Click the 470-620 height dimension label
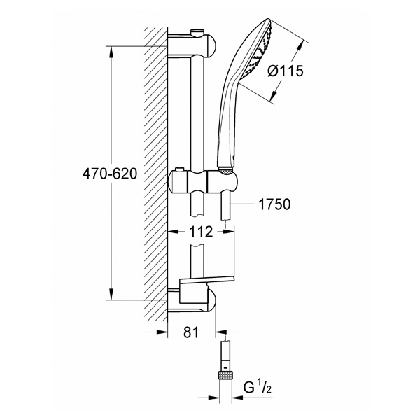(110, 174)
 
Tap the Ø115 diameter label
(286, 71)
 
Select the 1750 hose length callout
(274, 204)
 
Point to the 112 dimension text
(201, 232)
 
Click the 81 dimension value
(191, 332)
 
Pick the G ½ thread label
(258, 388)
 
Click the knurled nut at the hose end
(226, 375)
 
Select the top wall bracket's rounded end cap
(211, 45)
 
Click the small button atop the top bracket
(197, 32)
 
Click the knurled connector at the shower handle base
(226, 170)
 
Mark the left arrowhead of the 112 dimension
(174, 231)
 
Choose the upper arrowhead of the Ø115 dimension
(302, 45)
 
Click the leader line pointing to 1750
(242, 204)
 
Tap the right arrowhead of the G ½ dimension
(238, 398)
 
